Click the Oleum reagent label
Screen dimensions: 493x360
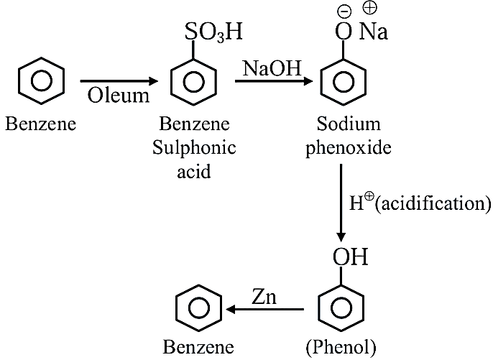118,96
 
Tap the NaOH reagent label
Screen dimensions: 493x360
272,68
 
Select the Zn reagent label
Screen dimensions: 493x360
264,297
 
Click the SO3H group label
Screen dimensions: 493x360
213,32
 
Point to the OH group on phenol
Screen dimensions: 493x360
350,257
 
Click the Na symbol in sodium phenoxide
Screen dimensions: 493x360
374,32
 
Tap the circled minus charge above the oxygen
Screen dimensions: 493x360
344,11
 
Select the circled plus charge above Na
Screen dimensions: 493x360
369,8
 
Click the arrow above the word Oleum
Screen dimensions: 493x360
119,81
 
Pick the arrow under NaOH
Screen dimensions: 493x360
274,81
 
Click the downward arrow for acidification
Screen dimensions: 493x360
341,203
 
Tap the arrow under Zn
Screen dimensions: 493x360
264,310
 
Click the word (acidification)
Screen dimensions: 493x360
433,204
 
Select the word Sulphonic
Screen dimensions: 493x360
194,148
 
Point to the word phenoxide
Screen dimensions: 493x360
349,148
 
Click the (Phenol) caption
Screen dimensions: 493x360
341,348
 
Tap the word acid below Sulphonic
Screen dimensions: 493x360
194,171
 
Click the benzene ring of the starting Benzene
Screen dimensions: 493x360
41,80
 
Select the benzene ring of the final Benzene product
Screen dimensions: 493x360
198,308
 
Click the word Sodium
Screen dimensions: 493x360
349,124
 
